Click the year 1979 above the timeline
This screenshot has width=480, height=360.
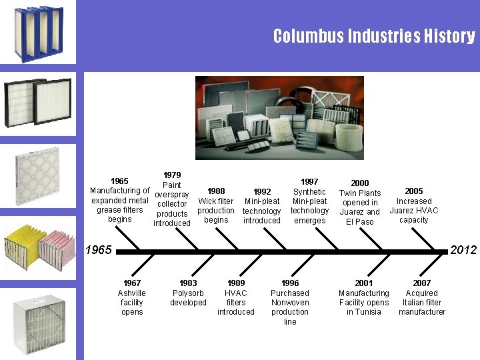172,175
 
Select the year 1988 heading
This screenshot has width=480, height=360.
216,191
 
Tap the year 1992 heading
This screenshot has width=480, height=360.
262,191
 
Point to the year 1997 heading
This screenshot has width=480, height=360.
309,181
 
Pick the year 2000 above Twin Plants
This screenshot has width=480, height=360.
360,183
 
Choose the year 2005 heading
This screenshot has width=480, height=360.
414,191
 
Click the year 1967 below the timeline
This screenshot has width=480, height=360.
132,283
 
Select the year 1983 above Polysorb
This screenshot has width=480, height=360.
189,283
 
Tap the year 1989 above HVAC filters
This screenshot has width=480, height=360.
236,283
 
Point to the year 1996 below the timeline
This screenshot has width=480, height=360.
290,283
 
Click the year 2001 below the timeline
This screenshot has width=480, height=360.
364,283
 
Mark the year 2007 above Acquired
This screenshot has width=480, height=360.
422,283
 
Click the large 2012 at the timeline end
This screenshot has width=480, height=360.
463,250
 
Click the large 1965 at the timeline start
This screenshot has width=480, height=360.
98,250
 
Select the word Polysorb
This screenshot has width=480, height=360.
189,293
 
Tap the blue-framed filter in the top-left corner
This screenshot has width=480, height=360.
33,33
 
